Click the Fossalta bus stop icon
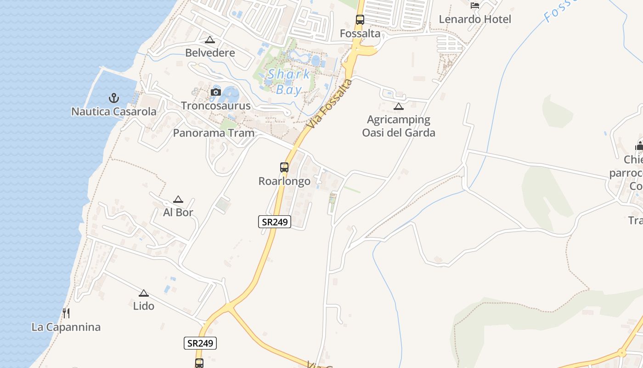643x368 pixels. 360,20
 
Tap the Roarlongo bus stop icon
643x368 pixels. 284,167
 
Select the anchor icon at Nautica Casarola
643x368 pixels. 113,98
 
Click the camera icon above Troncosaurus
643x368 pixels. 215,92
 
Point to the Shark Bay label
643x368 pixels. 289,81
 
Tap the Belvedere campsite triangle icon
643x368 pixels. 210,40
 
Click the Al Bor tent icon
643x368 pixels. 178,200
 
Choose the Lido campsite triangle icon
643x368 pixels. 144,293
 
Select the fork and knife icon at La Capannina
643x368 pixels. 66,313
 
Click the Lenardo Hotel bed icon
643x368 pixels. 475,6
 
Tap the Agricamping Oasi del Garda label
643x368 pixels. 399,126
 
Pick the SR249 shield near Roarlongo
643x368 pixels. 275,222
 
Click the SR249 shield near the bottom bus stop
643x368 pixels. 200,343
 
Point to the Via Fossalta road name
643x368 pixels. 330,104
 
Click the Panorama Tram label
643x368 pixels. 214,133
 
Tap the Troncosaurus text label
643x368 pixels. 215,106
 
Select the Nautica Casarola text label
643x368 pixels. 114,112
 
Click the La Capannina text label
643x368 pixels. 66,328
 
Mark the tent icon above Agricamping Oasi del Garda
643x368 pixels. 398,107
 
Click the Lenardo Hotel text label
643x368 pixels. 475,19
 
